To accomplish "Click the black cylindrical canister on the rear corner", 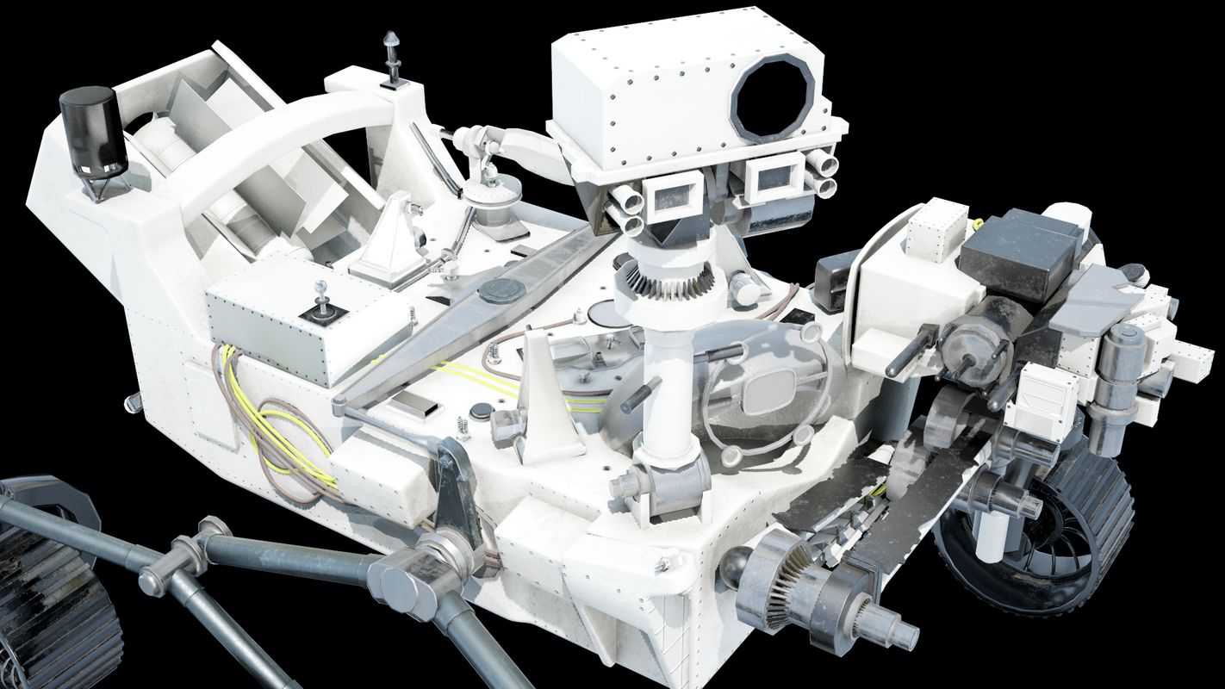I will (x=93, y=131).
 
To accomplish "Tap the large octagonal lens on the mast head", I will (x=773, y=96).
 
